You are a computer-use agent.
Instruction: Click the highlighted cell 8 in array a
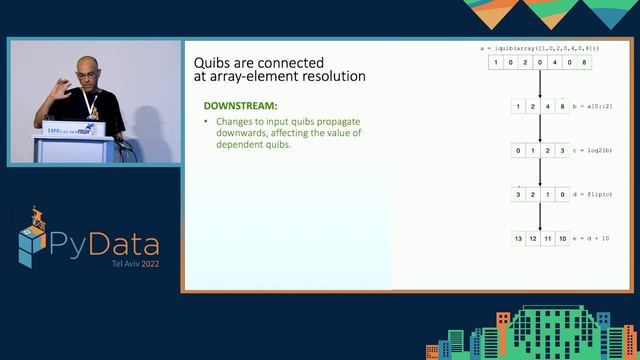pos(585,62)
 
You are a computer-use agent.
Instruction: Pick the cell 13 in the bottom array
pos(518,238)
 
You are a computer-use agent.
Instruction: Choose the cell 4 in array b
pos(549,106)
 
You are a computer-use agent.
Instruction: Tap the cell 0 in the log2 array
pos(518,150)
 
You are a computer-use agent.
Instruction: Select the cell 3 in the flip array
pos(518,194)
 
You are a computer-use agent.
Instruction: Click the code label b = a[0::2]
pos(598,106)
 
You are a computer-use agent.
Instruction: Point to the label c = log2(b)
pos(598,150)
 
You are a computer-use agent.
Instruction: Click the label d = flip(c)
pos(598,194)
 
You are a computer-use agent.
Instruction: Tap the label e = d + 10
pos(597,238)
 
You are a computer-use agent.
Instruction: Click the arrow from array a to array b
pos(540,84)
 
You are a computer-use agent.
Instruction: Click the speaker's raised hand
pos(63,92)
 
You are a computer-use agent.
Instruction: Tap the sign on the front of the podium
pos(65,130)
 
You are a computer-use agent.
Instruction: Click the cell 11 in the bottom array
pos(549,238)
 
